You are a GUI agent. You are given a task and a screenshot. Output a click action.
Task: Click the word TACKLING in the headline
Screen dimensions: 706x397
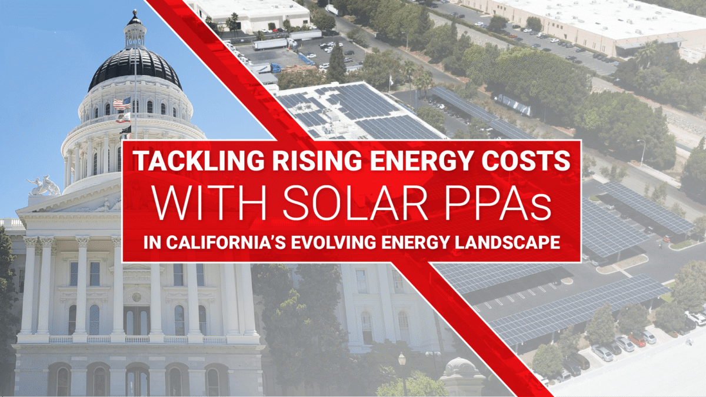[x=199, y=161]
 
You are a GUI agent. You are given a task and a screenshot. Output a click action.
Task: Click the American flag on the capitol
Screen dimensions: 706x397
[x=122, y=104]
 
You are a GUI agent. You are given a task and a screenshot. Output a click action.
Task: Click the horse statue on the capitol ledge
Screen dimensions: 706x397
[x=44, y=186]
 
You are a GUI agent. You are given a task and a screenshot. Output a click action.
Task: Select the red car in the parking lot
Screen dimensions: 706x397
[x=637, y=341]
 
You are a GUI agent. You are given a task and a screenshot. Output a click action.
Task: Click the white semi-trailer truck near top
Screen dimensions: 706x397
[x=271, y=44]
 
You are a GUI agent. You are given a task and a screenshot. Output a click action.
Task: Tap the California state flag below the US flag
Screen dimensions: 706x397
[x=123, y=118]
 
